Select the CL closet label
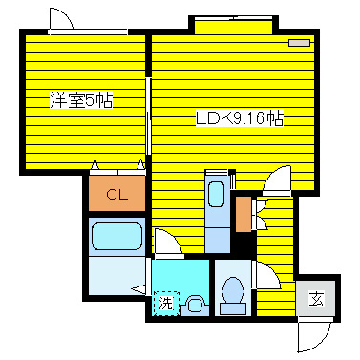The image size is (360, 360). coord(116,196)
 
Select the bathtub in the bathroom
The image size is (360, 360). coord(116,238)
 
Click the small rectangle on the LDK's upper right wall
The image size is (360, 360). coord(300,43)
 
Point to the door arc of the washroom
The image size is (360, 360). coord(166,244)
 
